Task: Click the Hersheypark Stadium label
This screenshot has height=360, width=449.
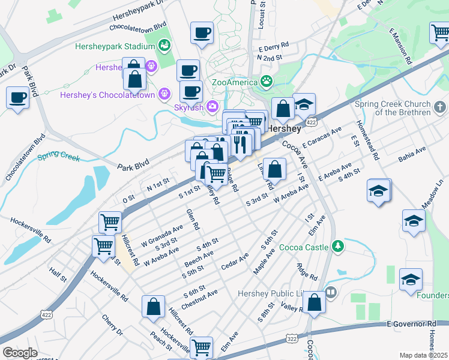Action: coord(114,46)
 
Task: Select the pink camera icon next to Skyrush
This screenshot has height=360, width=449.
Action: coord(212,107)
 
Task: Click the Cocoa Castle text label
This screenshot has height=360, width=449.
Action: coord(304,247)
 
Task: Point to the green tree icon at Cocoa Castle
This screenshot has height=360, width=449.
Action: coord(339,246)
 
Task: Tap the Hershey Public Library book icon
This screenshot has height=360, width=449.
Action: coord(331,293)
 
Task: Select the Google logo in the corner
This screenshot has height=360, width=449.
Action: coord(20,352)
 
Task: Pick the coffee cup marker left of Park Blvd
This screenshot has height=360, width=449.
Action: coord(17,97)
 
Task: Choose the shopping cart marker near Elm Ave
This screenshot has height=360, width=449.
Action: coord(202,347)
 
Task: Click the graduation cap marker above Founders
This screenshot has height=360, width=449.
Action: coord(411,280)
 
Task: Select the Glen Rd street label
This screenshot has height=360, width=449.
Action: coord(192,220)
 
